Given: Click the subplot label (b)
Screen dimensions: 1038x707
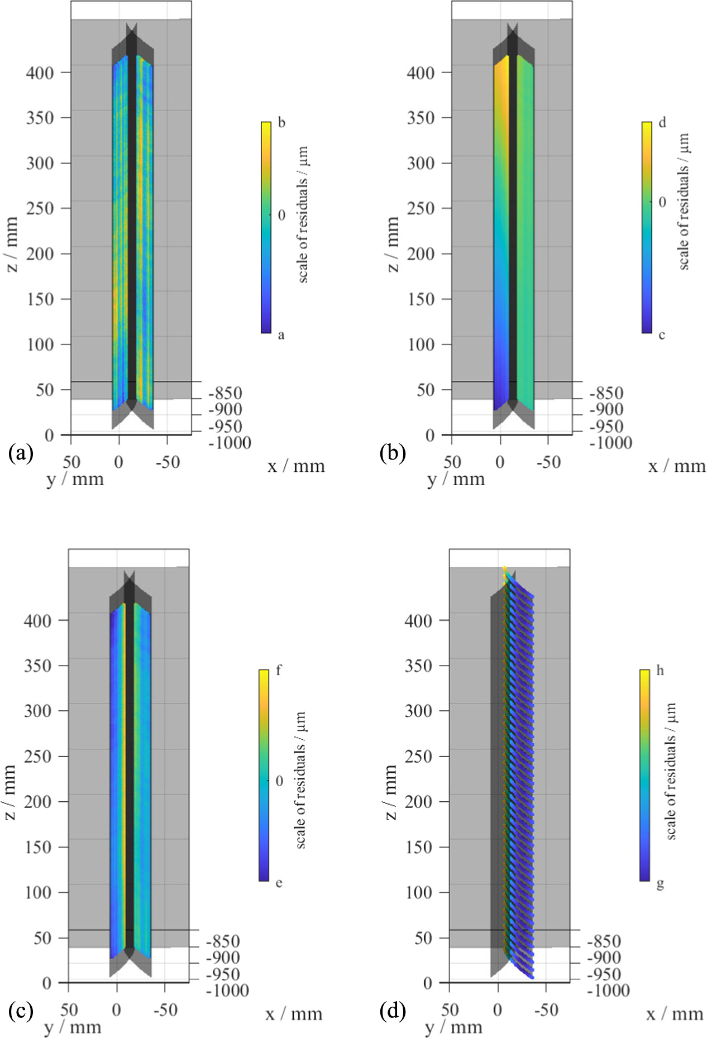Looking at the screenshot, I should (x=393, y=453).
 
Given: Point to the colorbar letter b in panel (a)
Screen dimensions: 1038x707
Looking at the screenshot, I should (x=281, y=122).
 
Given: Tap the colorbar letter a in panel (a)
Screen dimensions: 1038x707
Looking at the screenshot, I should (x=281, y=335).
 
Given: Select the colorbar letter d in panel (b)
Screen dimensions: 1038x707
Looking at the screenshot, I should (x=662, y=122).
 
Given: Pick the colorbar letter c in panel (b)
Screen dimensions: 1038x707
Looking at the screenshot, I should (x=662, y=335).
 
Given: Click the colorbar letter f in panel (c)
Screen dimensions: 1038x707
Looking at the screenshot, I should (x=279, y=671).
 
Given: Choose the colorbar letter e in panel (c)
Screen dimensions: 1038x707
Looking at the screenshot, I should (x=279, y=883).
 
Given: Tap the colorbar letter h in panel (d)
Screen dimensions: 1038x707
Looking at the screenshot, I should (x=660, y=671).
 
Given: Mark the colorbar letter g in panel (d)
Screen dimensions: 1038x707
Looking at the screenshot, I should (x=660, y=884).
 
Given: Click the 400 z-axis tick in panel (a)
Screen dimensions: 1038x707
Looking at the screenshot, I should (x=40, y=73).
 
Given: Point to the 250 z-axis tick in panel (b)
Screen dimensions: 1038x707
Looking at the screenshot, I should (x=421, y=208).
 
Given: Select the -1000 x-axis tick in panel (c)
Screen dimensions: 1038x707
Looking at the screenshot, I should (x=227, y=991).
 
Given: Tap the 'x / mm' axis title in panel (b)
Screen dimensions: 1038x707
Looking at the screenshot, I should (x=677, y=466).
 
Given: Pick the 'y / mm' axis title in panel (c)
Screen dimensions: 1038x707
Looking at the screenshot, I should (x=73, y=1027).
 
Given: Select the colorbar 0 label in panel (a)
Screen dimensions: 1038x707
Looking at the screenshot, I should (x=281, y=215).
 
